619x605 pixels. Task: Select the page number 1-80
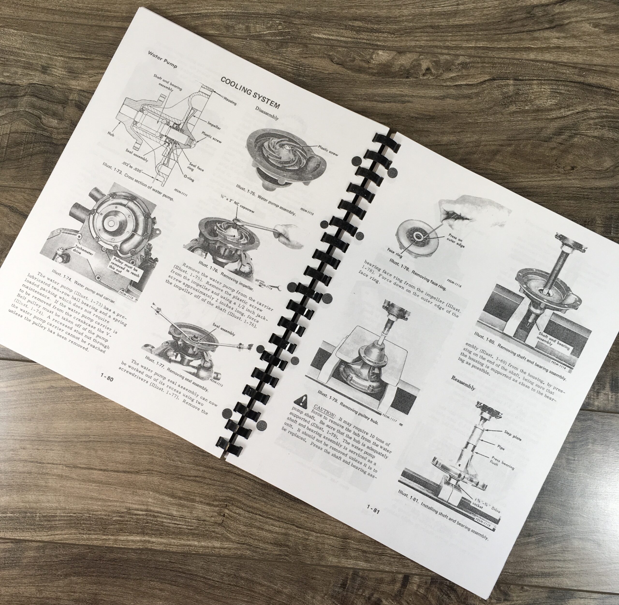[106, 378]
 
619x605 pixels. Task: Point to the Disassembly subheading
[267, 113]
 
